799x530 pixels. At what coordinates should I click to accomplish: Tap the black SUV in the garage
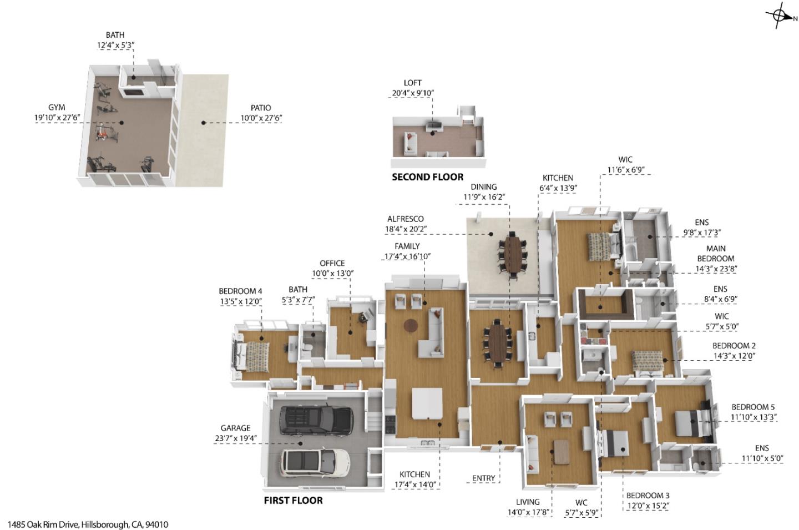point(316,420)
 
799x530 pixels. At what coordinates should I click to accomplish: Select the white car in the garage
point(315,462)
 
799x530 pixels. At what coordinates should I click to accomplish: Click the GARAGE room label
point(235,428)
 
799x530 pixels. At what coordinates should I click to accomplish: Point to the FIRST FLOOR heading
point(293,500)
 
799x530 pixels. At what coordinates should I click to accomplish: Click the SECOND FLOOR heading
point(427,177)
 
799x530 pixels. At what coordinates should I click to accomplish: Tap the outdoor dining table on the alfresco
point(515,255)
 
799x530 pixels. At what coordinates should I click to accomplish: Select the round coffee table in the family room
point(411,325)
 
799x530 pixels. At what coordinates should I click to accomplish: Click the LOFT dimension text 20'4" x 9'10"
point(412,93)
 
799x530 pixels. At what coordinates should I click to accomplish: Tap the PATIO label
point(260,108)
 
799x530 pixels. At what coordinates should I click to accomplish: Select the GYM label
point(57,108)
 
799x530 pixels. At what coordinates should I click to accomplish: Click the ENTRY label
point(483,478)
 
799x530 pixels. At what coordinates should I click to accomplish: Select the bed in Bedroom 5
point(688,423)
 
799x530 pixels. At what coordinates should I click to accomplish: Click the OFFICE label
point(332,263)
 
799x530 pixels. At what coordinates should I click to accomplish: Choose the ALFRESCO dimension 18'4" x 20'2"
point(405,229)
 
